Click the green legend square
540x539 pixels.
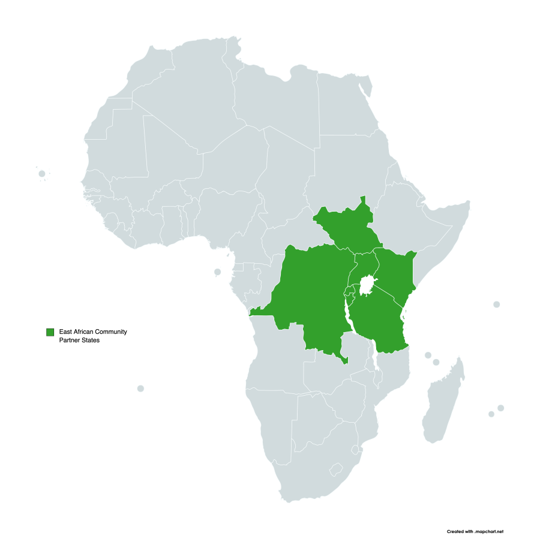tap(50, 332)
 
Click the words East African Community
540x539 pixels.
tap(93, 332)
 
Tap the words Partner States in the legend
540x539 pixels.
tap(79, 341)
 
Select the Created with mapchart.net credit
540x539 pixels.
tap(475, 532)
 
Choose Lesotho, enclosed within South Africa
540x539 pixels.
tap(337, 468)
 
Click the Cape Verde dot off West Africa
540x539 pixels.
tap(42, 174)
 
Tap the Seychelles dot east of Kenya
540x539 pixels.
tap(496, 305)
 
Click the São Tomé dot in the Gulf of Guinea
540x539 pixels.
tap(218, 272)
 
